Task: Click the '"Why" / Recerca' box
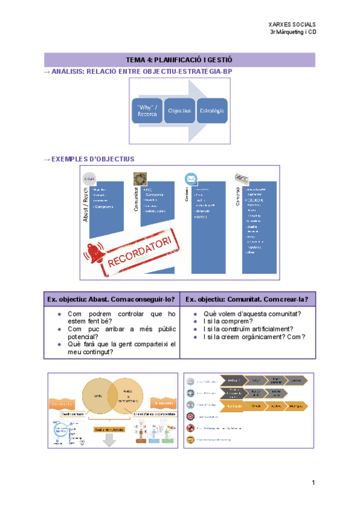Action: (147, 111)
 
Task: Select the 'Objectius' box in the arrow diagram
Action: (179, 111)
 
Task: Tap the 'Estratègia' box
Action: (212, 111)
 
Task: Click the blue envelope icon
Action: (191, 179)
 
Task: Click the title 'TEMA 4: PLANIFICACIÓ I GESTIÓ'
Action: (179, 60)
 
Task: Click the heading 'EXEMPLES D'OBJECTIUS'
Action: (93, 159)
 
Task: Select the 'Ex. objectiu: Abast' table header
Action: (112, 299)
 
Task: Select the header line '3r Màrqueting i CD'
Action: (293, 32)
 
